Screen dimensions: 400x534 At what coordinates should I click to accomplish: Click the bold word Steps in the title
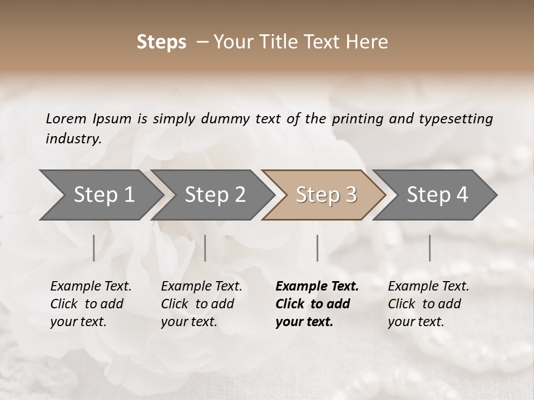coord(161,42)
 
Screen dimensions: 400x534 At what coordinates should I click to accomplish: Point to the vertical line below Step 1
coord(94,248)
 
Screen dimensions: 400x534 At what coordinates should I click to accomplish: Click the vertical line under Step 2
coord(205,248)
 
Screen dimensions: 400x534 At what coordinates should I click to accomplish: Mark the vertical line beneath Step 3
coord(318,248)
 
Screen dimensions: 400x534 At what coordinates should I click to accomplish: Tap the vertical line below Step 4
coord(430,248)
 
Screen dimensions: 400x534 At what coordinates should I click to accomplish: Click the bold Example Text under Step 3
coord(317,287)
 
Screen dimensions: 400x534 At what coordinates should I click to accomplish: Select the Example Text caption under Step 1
coord(91,287)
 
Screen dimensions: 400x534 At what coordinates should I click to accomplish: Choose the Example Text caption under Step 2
coord(201,287)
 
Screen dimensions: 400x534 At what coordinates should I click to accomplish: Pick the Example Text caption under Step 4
coord(428,287)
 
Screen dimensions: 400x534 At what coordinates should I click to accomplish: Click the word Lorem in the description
coord(66,118)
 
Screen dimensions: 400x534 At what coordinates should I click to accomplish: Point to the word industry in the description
coord(73,139)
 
